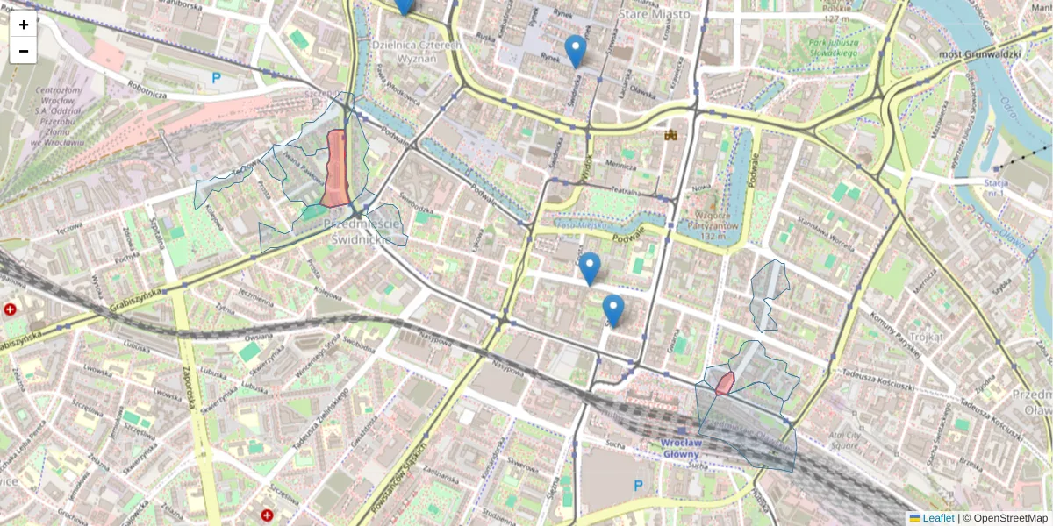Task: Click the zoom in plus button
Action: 24,25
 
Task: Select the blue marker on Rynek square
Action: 576,51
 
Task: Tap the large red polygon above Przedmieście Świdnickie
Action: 335,168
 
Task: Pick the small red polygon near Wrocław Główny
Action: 725,383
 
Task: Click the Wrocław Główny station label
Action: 681,447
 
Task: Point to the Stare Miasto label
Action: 654,14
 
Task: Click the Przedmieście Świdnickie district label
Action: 365,230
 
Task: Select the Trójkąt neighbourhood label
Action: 925,337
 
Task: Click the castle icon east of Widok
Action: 673,135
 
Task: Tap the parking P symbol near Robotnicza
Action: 216,78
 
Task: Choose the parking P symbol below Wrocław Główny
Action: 638,485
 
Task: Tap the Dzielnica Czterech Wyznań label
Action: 405,51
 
